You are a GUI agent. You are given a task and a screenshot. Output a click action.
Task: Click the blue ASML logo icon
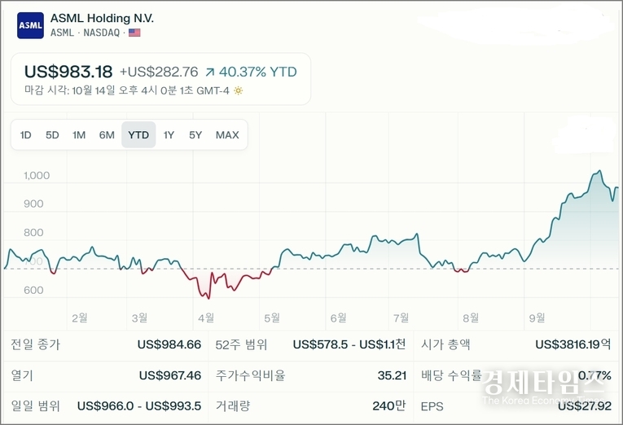(30, 25)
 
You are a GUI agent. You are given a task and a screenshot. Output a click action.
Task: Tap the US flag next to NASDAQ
(134, 33)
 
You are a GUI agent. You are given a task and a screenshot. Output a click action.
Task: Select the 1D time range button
(26, 135)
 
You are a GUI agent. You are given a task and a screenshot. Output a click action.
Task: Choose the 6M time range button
(107, 135)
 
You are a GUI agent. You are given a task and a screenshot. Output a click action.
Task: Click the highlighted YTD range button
(138, 135)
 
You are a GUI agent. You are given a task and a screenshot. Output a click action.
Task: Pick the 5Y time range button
(195, 135)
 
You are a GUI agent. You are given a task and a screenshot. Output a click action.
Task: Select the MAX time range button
(227, 135)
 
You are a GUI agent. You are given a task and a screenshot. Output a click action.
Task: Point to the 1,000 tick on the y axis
(37, 176)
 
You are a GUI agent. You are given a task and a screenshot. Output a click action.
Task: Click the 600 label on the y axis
(33, 291)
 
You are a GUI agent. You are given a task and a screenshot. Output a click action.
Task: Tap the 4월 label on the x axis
(205, 318)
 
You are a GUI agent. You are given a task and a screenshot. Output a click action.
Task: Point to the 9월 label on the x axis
(537, 318)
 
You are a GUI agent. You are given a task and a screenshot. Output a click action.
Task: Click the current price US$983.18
(68, 72)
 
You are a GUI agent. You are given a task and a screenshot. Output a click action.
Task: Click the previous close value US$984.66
(169, 344)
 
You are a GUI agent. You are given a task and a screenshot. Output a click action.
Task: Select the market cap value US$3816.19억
(573, 344)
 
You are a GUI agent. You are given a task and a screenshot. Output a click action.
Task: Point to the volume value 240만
(389, 405)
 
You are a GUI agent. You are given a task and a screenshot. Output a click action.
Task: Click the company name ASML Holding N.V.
(102, 18)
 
